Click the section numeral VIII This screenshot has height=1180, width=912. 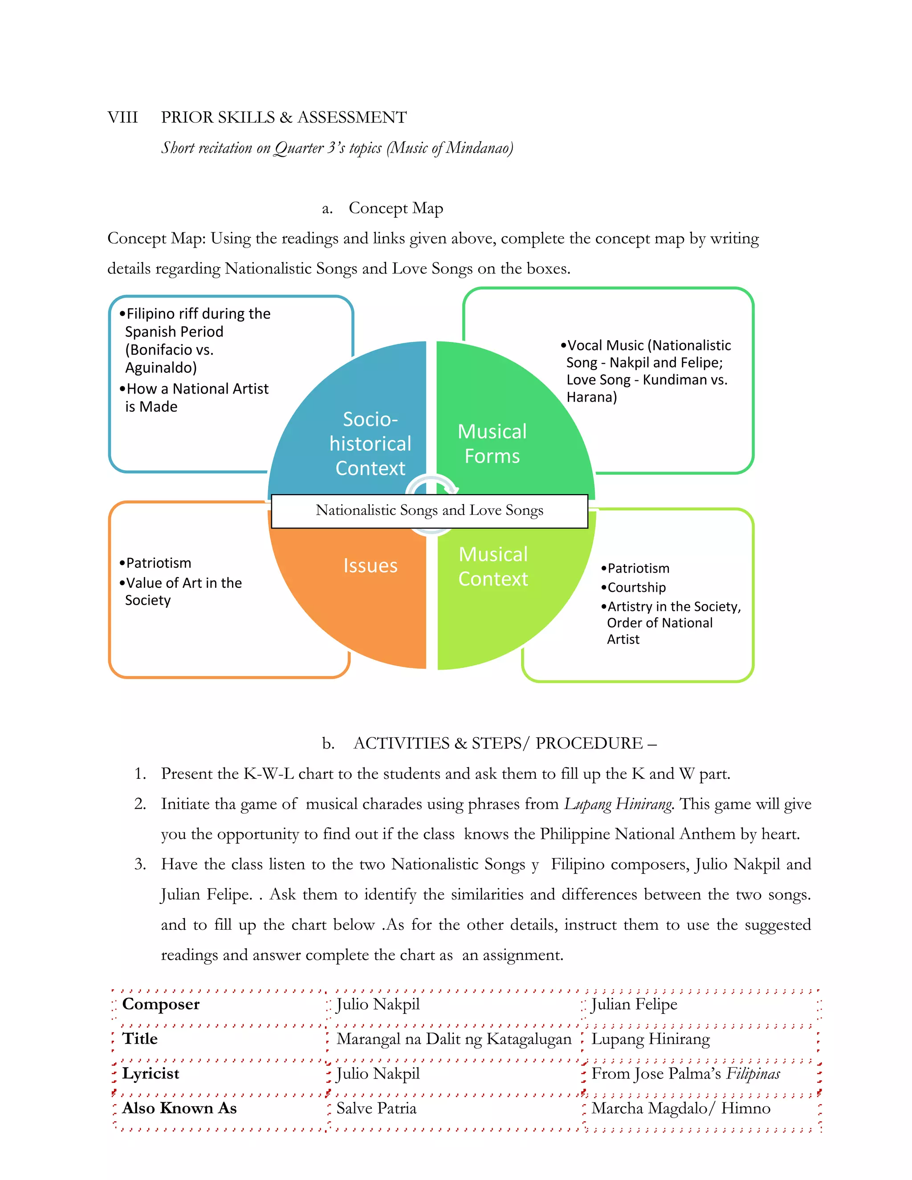pyautogui.click(x=122, y=117)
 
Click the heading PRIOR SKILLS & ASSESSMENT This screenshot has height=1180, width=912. pyautogui.click(x=284, y=117)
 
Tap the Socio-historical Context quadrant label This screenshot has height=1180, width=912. pyautogui.click(x=370, y=444)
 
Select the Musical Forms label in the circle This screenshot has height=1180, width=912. pyautogui.click(x=492, y=444)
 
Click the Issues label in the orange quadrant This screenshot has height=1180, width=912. pyautogui.click(x=370, y=565)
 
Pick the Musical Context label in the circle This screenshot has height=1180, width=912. pyautogui.click(x=493, y=566)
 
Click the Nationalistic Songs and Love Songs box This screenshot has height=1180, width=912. pyautogui.click(x=430, y=511)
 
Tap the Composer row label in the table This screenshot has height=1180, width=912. pyautogui.click(x=161, y=1004)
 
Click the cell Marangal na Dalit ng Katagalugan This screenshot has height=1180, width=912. pyautogui.click(x=454, y=1038)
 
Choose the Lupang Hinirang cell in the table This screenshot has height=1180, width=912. pyautogui.click(x=651, y=1038)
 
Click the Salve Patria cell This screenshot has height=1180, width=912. pyautogui.click(x=377, y=1108)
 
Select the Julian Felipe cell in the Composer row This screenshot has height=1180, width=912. pyautogui.click(x=634, y=1004)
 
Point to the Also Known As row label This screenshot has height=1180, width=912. pyautogui.click(x=179, y=1108)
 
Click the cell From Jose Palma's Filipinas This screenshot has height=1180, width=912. pyautogui.click(x=686, y=1074)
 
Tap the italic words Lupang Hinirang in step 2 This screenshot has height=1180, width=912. pyautogui.click(x=619, y=804)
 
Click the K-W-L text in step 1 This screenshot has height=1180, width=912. pyautogui.click(x=269, y=774)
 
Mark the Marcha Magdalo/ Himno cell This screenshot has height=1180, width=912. pyautogui.click(x=681, y=1108)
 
